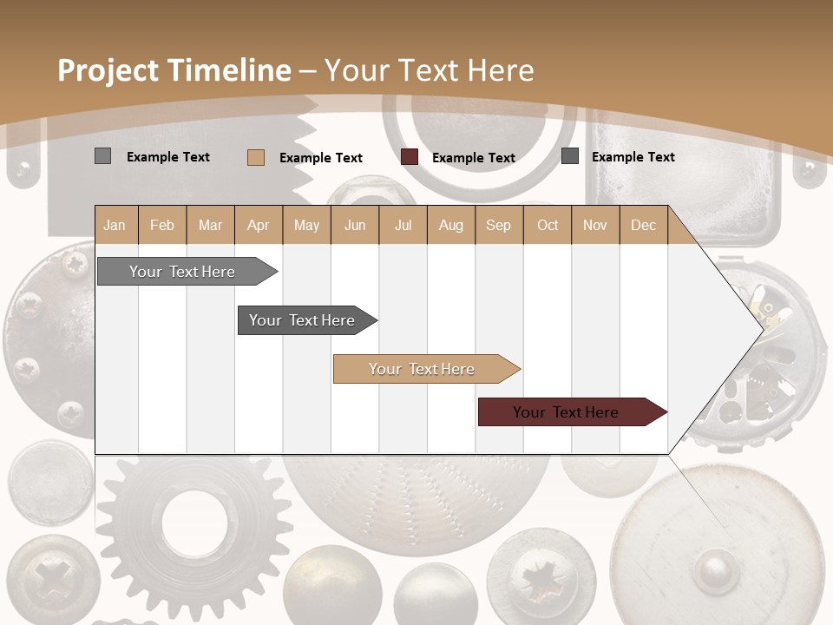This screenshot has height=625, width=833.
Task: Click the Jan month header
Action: point(115,225)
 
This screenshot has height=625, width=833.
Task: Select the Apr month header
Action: point(258,225)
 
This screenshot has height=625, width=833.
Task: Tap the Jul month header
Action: point(403,225)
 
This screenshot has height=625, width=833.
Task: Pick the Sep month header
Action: point(498,225)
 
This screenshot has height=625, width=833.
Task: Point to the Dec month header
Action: point(643,225)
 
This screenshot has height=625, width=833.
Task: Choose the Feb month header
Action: point(162,225)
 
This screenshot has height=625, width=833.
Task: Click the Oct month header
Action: point(548,225)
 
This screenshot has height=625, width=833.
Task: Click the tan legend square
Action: point(255,157)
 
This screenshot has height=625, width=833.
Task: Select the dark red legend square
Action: point(410,157)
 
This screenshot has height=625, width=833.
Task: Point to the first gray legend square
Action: point(102,156)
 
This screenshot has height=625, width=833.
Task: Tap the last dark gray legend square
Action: point(570,156)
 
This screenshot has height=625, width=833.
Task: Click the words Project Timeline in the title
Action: point(174,70)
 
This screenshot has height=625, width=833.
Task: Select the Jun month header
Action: point(355,225)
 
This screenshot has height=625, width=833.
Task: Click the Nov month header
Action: point(595,225)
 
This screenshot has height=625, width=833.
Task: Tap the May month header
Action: point(306,225)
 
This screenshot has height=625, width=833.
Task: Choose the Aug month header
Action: point(450,225)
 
